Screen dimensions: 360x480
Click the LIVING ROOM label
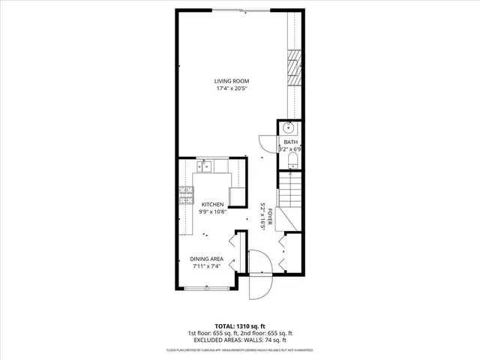(x=232, y=81)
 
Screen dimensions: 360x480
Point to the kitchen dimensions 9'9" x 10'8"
(x=213, y=211)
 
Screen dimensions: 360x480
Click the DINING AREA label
(x=206, y=259)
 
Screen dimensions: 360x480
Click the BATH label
(x=289, y=142)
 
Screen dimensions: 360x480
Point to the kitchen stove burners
(x=184, y=198)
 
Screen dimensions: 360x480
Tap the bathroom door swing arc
(x=265, y=142)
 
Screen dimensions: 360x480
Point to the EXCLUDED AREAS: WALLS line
(x=239, y=340)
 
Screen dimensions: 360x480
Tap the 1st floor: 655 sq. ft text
(x=213, y=333)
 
